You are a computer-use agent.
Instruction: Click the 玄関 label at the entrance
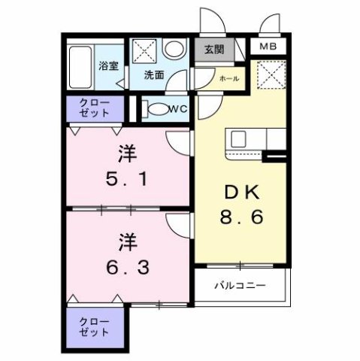[x=213, y=50]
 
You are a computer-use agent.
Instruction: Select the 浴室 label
[x=109, y=65]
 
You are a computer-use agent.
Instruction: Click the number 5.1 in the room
[x=125, y=180]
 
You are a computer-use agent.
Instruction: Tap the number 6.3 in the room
[x=125, y=267]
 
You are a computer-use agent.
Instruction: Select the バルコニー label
[x=241, y=285]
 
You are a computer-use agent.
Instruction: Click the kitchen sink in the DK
[x=239, y=139]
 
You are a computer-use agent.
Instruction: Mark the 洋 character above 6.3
[x=125, y=242]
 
